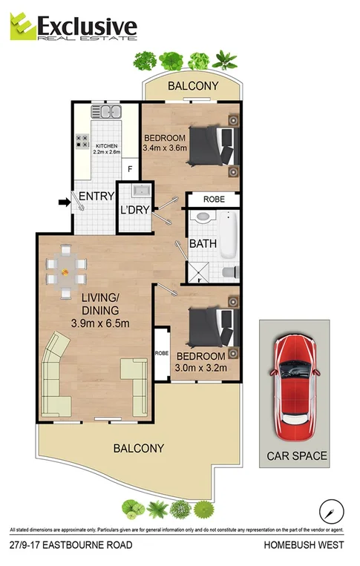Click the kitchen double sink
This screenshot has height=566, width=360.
click(107, 113)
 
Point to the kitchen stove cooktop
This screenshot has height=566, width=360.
click(82, 141)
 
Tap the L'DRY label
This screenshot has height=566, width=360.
click(135, 210)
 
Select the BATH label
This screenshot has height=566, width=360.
click(203, 243)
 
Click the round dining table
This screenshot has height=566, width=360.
click(66, 272)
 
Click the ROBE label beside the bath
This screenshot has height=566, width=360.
click(213, 200)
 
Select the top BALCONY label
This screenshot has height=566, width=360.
click(193, 87)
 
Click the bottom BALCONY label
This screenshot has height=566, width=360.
click(138, 448)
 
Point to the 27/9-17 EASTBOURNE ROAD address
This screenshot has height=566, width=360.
click(71, 545)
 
